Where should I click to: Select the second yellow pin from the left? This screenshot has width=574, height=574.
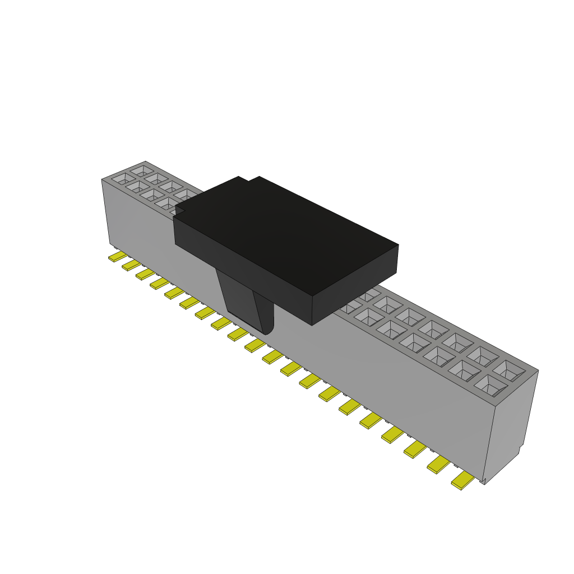[132, 265]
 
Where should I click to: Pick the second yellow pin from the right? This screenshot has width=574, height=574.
[439, 465]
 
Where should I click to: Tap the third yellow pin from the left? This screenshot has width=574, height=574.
[146, 274]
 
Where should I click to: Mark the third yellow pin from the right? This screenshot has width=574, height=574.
[415, 449]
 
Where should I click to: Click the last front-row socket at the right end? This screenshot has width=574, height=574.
[489, 386]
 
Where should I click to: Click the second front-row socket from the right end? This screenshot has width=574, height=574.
[464, 370]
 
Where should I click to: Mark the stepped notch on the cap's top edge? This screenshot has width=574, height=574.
[249, 180]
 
